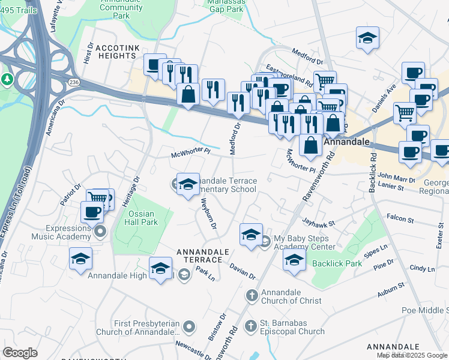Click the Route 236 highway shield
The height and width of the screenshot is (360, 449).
73,82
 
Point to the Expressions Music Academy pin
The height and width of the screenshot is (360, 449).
100,231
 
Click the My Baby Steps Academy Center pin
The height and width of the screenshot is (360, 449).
265,242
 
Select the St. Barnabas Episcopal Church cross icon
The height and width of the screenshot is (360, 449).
250,326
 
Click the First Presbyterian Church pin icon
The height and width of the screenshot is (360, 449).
190,327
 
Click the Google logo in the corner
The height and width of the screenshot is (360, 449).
20,353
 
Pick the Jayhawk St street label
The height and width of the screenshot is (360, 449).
318,222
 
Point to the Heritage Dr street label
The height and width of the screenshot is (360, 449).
136,187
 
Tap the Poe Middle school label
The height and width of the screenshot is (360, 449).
425,310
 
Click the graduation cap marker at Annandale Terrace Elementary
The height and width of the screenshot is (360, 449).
188,184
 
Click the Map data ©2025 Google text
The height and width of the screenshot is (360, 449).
411,355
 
